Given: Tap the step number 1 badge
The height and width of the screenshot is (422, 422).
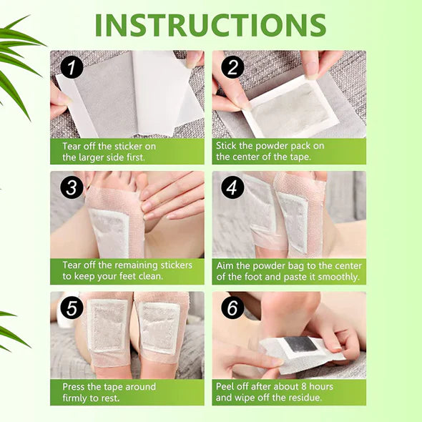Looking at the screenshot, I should [72, 68].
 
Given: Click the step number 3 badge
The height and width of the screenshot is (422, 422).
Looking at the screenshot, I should [72, 188].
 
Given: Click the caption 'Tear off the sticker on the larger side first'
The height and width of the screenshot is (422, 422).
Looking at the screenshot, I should [109, 151].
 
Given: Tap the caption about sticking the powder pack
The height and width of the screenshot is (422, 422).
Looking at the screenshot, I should [270, 151].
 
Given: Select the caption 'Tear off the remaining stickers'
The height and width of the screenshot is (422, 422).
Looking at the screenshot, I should [127, 270].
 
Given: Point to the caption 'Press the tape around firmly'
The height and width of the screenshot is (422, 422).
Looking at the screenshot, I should [104, 392].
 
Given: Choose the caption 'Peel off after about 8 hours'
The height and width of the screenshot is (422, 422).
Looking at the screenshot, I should [274, 392].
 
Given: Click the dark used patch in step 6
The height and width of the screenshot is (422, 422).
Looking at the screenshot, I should [302, 345].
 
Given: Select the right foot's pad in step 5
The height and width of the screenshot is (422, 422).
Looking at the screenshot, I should [158, 327].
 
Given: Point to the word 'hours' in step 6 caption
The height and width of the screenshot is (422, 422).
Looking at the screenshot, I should [319, 387].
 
